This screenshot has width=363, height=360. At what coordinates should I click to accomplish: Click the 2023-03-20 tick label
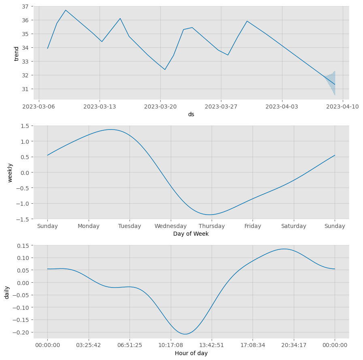click(160, 107)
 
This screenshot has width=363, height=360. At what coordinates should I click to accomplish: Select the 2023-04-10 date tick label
click(342, 107)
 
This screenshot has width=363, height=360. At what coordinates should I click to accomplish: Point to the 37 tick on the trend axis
click(25, 6)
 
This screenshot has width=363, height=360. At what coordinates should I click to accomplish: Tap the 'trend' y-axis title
click(17, 53)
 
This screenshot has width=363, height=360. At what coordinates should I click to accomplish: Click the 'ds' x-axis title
click(191, 115)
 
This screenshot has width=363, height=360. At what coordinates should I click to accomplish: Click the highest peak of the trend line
click(66, 10)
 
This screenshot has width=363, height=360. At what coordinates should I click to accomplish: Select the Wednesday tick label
click(171, 226)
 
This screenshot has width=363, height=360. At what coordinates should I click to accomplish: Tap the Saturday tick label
click(294, 226)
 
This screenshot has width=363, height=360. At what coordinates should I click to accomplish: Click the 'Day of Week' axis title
click(191, 234)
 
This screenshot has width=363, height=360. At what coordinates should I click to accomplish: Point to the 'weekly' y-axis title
click(11, 173)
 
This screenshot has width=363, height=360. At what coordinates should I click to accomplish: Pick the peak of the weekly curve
click(111, 130)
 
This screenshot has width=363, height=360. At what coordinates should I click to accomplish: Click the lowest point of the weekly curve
click(210, 215)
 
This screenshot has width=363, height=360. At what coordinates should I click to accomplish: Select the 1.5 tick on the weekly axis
click(25, 126)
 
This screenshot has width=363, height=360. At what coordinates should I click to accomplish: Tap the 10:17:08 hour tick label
click(171, 345)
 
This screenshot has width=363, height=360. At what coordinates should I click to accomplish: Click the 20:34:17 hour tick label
click(294, 345)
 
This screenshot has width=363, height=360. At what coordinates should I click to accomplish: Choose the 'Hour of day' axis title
click(191, 354)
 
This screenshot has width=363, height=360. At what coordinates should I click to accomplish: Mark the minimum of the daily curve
click(185, 334)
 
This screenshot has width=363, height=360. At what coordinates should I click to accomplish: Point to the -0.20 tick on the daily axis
click(22, 332)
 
